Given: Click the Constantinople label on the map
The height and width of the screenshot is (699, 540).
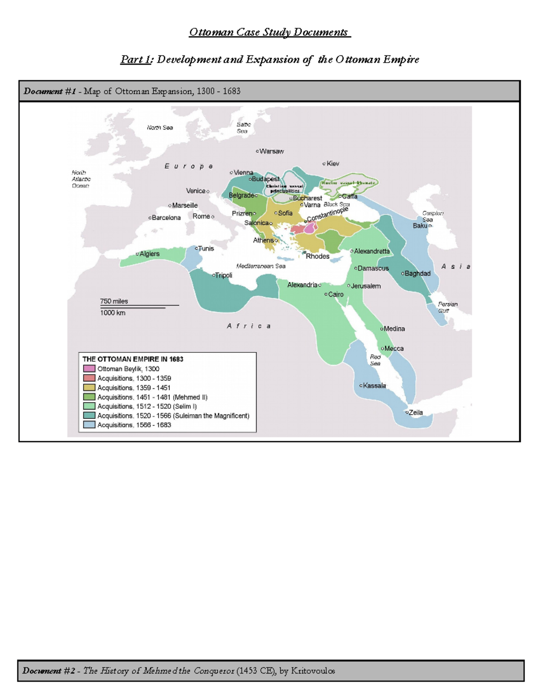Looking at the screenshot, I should pos(328,214).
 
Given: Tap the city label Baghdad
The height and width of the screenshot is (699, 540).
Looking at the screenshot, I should pos(417,273).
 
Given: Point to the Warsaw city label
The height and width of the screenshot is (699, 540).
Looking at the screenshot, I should pos(271,151).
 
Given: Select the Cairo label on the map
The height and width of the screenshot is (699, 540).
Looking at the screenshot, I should pos(335,294).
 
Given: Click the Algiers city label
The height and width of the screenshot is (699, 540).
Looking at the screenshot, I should pos(149,254).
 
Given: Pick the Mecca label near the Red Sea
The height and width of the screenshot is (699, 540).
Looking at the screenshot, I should pos(394,348).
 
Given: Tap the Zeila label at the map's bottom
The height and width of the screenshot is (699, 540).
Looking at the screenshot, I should pos(415,412).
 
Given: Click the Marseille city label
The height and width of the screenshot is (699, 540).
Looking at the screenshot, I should pos(184,205).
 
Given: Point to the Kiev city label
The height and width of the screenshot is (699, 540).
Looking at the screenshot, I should pos(333,163).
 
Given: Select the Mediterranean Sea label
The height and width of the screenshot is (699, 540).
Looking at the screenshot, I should pos(261,266).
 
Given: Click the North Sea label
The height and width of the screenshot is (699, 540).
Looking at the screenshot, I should pos(160,127).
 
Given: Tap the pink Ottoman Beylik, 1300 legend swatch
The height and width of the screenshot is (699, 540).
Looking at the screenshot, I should pos(89,369).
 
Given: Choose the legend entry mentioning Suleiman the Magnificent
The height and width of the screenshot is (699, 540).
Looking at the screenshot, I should pos(173,415).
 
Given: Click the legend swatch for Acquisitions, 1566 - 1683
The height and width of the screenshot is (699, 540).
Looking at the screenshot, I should pos(89,424).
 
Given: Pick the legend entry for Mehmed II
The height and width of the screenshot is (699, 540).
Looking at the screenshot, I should pos(152,397).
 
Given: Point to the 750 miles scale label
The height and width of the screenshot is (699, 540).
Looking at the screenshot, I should pos(114,301).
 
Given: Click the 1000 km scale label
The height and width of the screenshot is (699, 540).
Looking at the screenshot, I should pos(112,313).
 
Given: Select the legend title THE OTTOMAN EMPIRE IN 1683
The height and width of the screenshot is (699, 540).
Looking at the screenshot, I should pos(133,359).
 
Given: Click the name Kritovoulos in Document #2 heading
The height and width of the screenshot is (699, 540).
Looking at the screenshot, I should pos(313,671).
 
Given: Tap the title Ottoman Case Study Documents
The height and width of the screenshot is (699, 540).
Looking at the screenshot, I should pos(269,32).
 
